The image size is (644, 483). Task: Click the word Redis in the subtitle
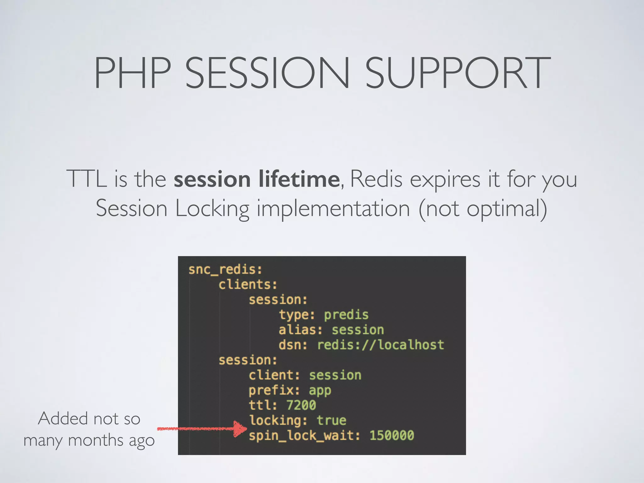(376, 179)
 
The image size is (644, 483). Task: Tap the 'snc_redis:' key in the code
(225, 270)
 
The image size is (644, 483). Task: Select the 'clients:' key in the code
(248, 285)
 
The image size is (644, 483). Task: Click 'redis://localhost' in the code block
(380, 345)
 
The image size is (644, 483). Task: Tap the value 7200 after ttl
(301, 405)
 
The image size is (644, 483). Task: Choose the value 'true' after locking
(331, 420)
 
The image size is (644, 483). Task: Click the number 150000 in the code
(391, 436)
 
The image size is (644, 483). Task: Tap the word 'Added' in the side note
(63, 419)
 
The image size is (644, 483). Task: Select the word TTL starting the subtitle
(86, 179)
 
